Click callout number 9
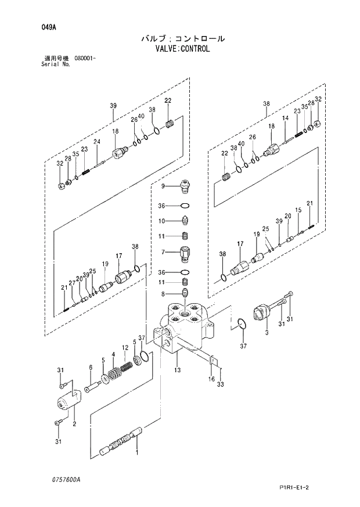tap(163, 186)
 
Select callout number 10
tap(163, 221)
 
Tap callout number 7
tap(163, 252)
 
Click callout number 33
tap(220, 384)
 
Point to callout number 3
tap(267, 333)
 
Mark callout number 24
tap(97, 142)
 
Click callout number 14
tap(285, 118)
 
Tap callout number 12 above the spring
tap(124, 348)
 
